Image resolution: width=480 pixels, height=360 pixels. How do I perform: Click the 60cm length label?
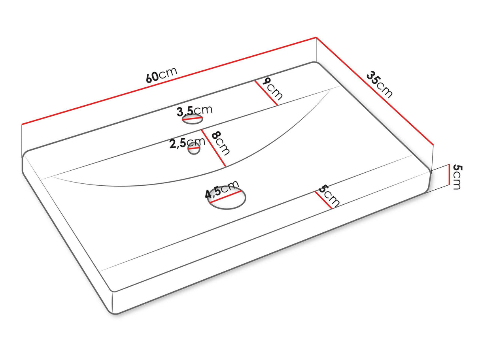[x=161, y=75]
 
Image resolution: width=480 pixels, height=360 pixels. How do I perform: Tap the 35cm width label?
[x=380, y=84]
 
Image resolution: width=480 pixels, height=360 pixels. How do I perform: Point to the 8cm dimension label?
[x=220, y=143]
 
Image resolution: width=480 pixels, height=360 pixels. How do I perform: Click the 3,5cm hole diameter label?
[x=195, y=110]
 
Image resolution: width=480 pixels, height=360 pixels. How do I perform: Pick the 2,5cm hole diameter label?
[x=187, y=143]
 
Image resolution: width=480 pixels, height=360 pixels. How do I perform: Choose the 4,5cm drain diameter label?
[x=222, y=189]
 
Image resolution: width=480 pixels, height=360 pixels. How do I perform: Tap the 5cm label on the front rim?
[x=329, y=196]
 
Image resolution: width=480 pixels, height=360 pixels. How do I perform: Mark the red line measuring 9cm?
[x=266, y=93]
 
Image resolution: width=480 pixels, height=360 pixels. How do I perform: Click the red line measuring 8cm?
[x=214, y=148]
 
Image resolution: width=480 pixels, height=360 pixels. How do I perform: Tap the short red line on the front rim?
[x=323, y=200]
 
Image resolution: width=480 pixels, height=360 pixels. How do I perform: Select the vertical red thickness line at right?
[x=449, y=175]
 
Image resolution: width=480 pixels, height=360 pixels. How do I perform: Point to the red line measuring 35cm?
[x=375, y=91]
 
